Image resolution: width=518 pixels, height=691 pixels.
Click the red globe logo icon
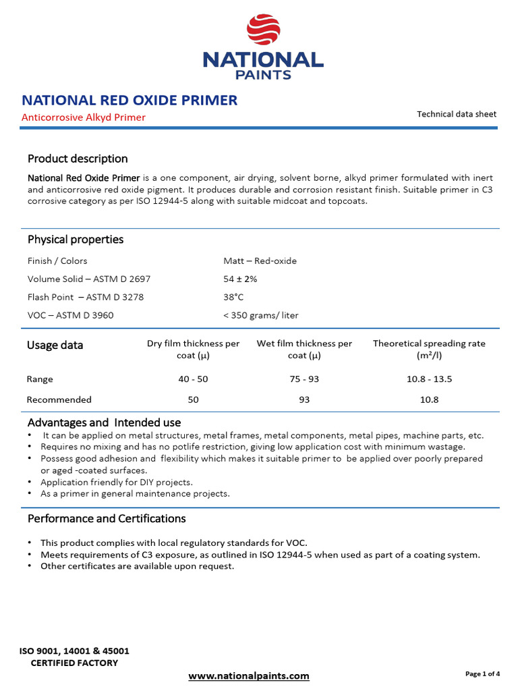pyautogui.click(x=263, y=31)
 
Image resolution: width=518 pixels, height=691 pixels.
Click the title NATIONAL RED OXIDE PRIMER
pyautogui.click(x=129, y=101)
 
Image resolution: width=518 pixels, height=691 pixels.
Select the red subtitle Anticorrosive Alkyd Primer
pyautogui.click(x=84, y=117)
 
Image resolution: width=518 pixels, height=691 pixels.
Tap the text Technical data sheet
pyautogui.click(x=456, y=114)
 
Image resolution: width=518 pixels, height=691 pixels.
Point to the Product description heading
pyautogui.click(x=78, y=159)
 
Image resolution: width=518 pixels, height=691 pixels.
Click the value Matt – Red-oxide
pyautogui.click(x=260, y=260)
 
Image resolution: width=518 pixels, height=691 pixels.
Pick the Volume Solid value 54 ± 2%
pyautogui.click(x=240, y=279)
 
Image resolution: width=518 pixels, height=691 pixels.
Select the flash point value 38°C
pyautogui.click(x=233, y=297)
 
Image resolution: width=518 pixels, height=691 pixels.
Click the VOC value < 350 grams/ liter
pyautogui.click(x=260, y=315)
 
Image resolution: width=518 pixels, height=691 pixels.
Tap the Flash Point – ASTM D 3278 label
pyautogui.click(x=86, y=297)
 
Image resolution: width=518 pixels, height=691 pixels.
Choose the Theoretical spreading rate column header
pyautogui.click(x=429, y=349)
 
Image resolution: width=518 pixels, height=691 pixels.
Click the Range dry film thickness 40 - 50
pyautogui.click(x=193, y=379)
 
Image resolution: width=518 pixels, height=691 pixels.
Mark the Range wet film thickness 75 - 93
pyautogui.click(x=304, y=379)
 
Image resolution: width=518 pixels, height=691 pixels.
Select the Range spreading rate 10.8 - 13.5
pyautogui.click(x=429, y=379)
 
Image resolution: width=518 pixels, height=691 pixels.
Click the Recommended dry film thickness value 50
pyautogui.click(x=193, y=399)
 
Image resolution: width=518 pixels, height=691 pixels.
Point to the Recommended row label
pyautogui.click(x=59, y=399)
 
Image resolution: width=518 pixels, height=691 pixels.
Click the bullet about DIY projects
pyautogui.click(x=117, y=482)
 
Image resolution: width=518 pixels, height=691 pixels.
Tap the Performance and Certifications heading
pyautogui.click(x=107, y=518)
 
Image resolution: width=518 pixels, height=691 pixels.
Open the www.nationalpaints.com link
pyautogui.click(x=249, y=675)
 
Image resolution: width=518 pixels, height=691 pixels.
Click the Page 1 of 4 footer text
pyautogui.click(x=482, y=673)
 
